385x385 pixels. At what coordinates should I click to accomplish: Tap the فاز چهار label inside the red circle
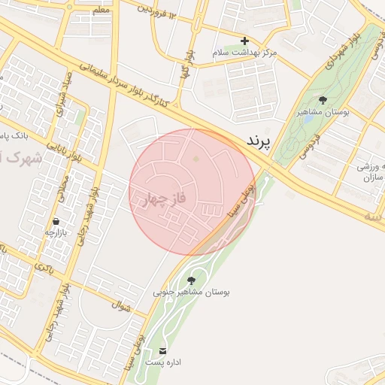click(163, 200)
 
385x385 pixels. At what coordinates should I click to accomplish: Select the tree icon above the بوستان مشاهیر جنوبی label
click(191, 280)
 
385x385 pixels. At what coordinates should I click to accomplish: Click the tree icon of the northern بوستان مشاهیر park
click(323, 100)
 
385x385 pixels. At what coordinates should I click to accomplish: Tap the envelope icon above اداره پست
click(163, 350)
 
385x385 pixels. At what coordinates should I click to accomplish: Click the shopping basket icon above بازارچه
click(56, 222)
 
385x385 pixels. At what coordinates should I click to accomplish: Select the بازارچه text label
click(56, 233)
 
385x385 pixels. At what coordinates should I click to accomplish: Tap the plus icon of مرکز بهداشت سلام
click(244, 41)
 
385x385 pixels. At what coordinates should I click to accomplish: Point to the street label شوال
click(122, 305)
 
